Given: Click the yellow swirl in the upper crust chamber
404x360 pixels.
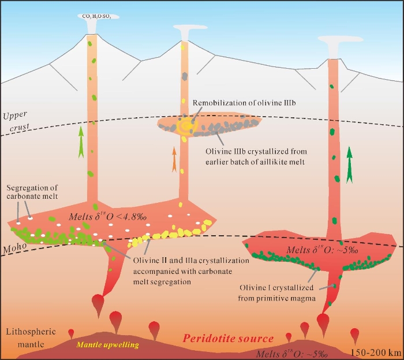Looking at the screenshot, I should pos(186,126).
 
